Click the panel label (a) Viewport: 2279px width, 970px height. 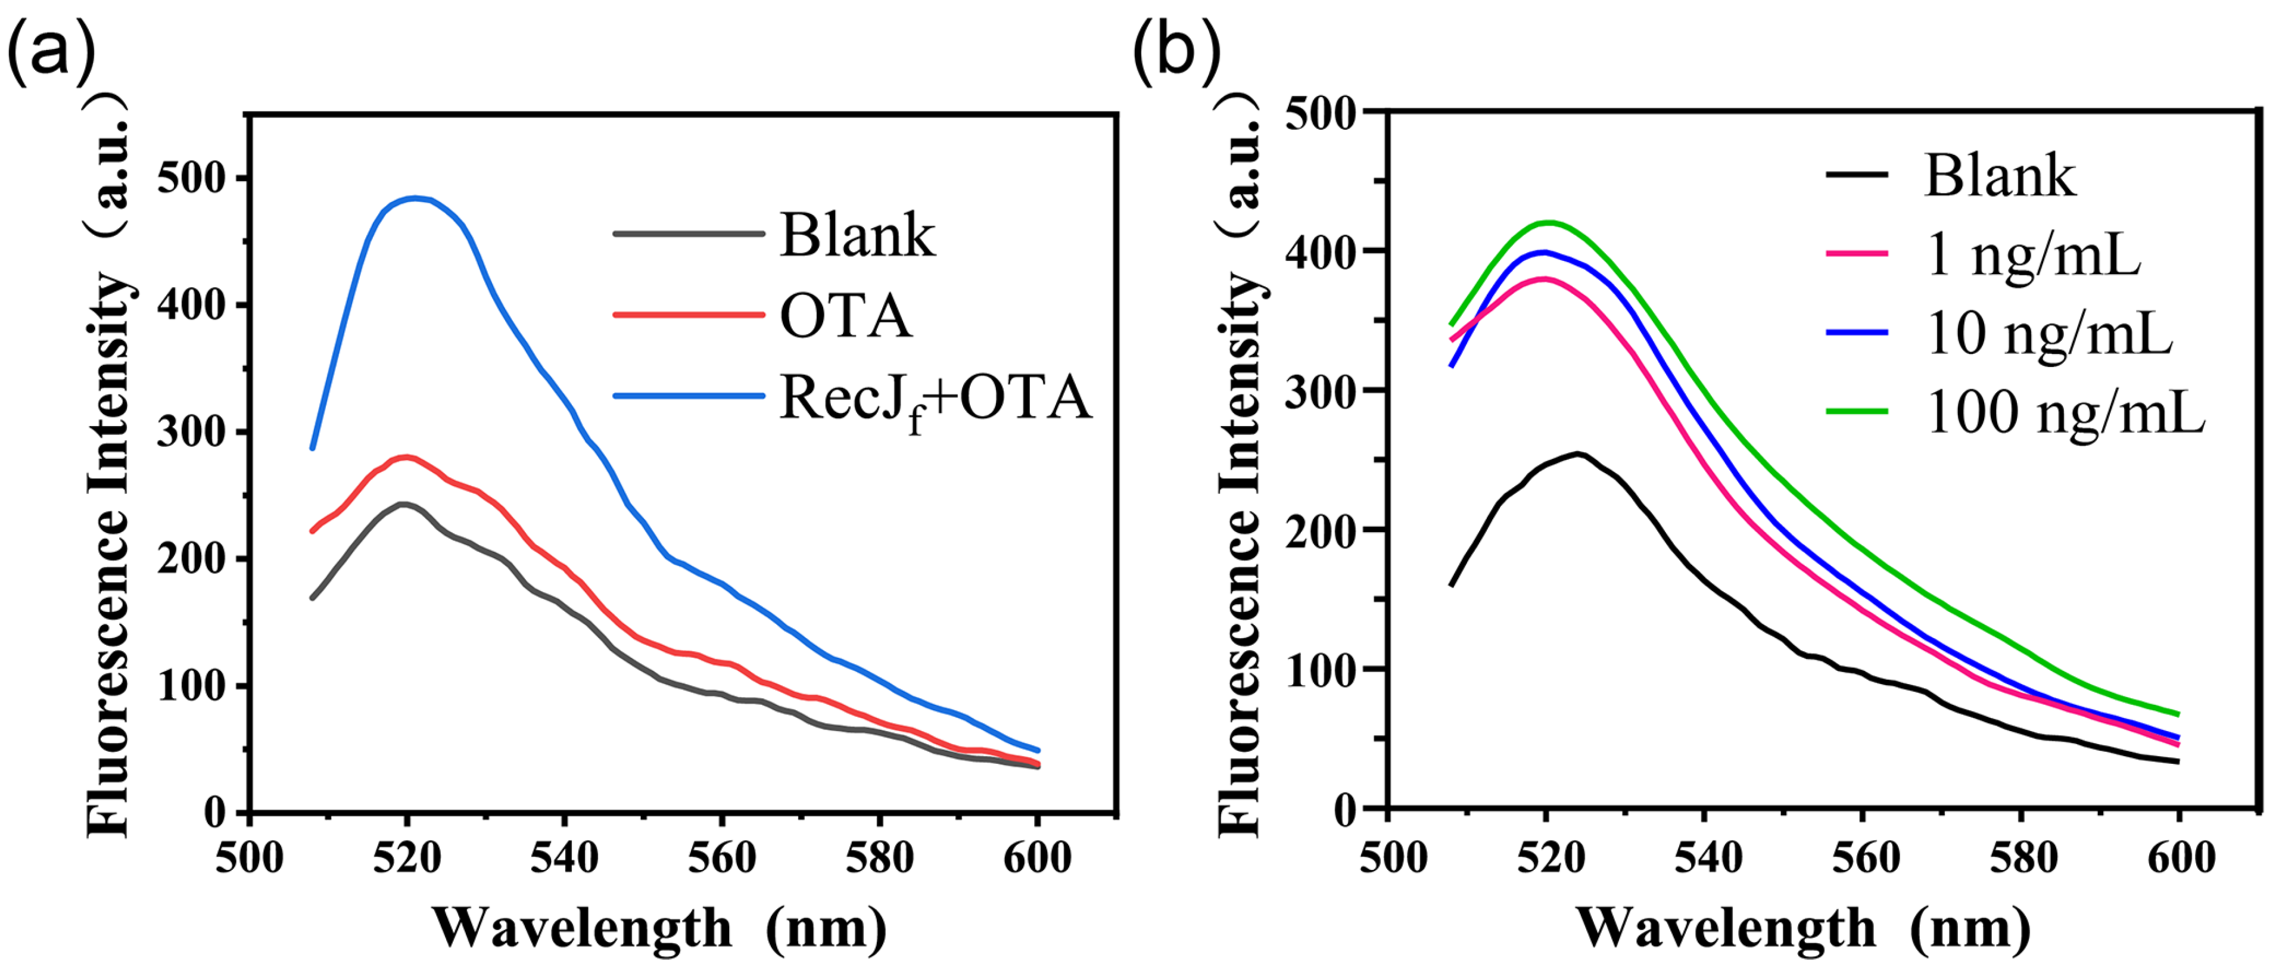pyautogui.click(x=51, y=51)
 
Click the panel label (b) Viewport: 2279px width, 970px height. pyautogui.click(x=1176, y=51)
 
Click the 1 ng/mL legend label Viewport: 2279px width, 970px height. pyautogui.click(x=2033, y=255)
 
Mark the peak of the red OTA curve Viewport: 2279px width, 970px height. pyautogui.click(x=406, y=456)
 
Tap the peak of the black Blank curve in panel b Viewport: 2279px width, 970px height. pyautogui.click(x=1577, y=453)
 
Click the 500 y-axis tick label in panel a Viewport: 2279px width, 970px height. pyautogui.click(x=191, y=179)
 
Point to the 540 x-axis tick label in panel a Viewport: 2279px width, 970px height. pyautogui.click(x=565, y=857)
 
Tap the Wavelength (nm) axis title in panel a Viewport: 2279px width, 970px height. pyautogui.click(x=659, y=928)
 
